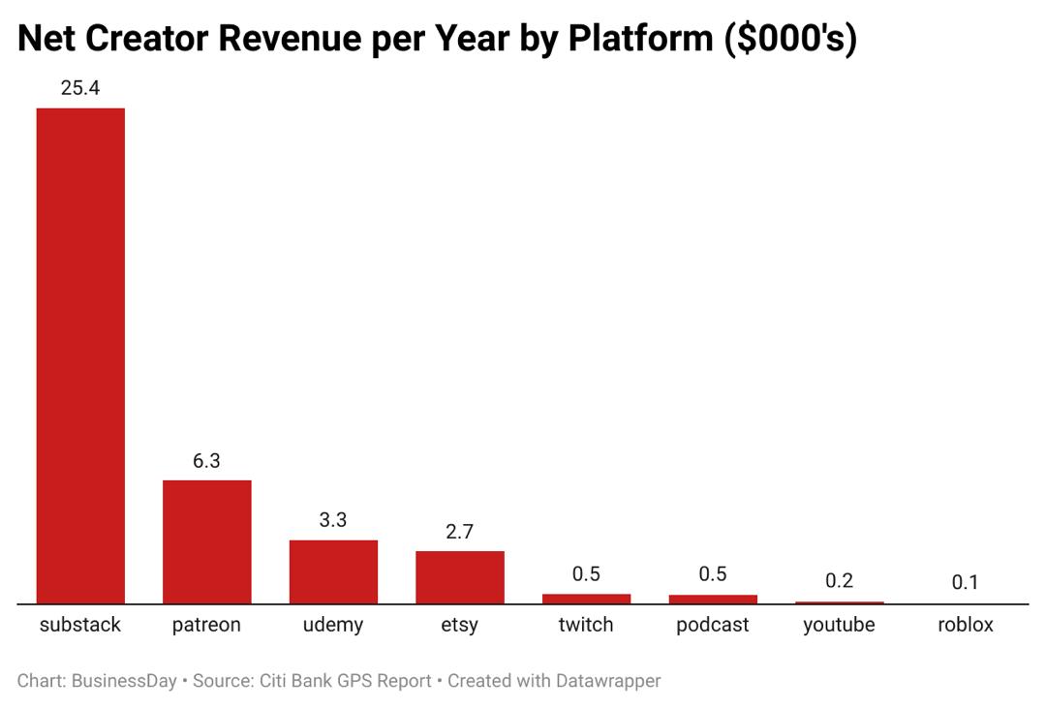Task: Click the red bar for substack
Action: point(80,355)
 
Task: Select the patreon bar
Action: point(206,541)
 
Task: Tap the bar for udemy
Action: point(333,571)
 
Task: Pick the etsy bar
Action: point(460,577)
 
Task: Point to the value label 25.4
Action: point(80,88)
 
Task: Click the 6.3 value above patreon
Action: point(206,461)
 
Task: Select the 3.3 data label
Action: point(333,520)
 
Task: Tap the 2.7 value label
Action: point(460,532)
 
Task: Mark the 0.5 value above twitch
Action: point(586,574)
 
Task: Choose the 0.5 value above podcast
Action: point(713,574)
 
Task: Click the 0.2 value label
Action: point(839,581)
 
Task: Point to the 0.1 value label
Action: point(966,582)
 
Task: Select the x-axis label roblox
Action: point(966,625)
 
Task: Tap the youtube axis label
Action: point(839,625)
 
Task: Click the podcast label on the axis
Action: point(713,625)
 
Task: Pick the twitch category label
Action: point(586,625)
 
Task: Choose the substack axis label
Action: point(80,625)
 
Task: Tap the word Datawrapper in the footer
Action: point(608,681)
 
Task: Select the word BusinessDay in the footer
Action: point(124,681)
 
